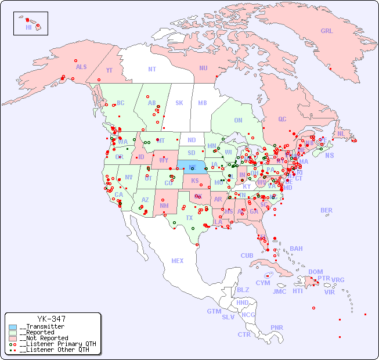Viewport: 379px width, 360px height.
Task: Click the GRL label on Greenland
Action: (x=327, y=31)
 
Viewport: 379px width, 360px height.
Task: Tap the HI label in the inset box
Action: (x=28, y=27)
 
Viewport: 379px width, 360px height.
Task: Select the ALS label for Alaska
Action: (x=81, y=67)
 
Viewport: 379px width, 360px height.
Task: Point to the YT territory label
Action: (x=109, y=70)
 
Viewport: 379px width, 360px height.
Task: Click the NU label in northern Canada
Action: (x=203, y=68)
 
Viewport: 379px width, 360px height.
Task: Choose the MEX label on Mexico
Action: (x=178, y=261)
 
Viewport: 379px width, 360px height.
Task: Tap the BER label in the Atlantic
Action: (x=326, y=210)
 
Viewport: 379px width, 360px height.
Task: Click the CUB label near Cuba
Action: (x=247, y=255)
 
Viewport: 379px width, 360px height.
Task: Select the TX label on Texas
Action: (x=189, y=218)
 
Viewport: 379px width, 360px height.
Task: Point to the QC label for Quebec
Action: (x=282, y=119)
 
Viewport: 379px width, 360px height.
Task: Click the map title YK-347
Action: (x=51, y=319)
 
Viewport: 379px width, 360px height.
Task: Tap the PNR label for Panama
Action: (x=277, y=327)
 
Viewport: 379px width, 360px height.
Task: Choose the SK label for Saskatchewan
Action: (x=179, y=103)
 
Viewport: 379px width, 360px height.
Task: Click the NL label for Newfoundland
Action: (x=341, y=133)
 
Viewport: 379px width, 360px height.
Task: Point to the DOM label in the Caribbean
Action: (x=315, y=272)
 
